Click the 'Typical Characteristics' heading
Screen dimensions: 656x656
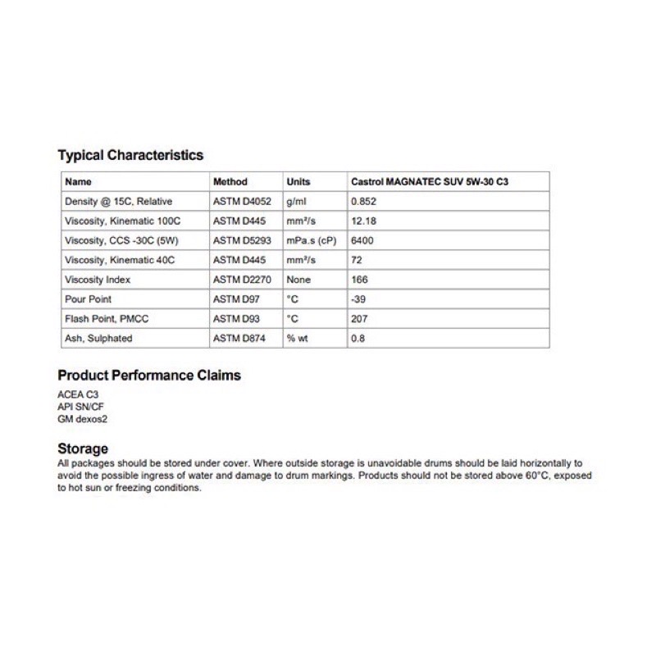(x=130, y=155)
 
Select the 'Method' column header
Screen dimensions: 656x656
(x=230, y=181)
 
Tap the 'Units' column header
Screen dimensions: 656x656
(x=298, y=181)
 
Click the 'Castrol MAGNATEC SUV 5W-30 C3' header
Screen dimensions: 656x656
(x=435, y=181)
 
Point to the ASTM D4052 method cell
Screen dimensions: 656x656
(x=240, y=201)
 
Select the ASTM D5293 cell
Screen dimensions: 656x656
(x=240, y=240)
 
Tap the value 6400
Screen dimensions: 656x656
(x=361, y=240)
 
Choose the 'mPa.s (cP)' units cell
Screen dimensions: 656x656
(x=311, y=240)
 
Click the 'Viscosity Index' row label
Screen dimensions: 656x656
(x=98, y=280)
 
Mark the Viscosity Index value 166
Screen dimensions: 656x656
(x=358, y=280)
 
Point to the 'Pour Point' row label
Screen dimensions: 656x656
(x=88, y=299)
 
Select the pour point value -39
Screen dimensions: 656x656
(x=358, y=299)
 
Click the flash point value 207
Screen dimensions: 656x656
(x=358, y=319)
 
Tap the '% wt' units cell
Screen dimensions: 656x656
(x=296, y=339)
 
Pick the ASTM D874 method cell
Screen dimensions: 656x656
(x=237, y=339)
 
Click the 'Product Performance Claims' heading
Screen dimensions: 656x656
(x=149, y=376)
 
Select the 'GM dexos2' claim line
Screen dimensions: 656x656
(x=83, y=418)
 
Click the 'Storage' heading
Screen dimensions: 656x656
(x=83, y=449)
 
